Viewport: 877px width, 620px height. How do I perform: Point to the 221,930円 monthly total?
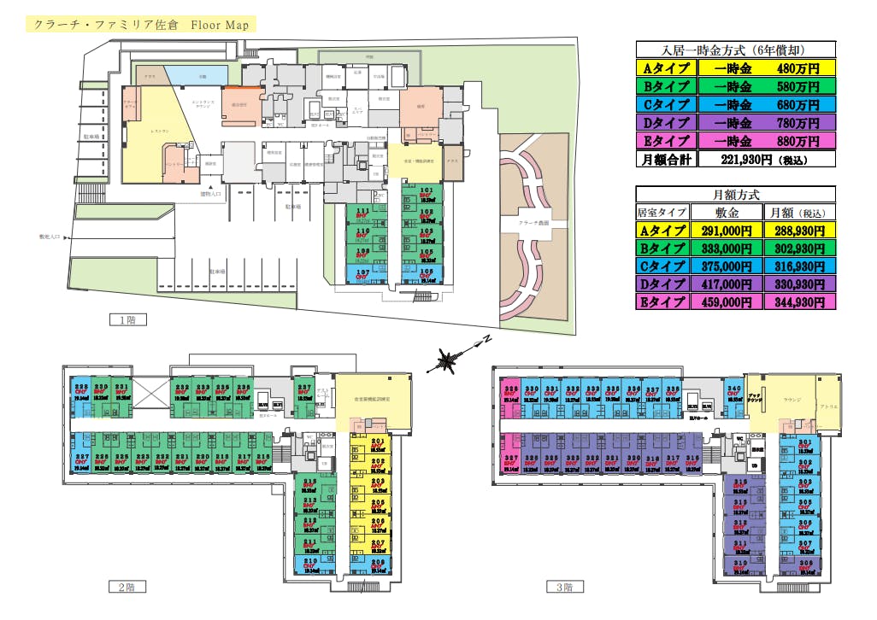766,159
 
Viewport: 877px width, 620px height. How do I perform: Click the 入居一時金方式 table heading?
735,50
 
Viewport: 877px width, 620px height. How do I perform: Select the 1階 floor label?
127,320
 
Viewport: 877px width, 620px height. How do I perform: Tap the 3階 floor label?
564,587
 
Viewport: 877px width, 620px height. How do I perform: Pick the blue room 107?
362,275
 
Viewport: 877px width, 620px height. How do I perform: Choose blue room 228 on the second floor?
80,391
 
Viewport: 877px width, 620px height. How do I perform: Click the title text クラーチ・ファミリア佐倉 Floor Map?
141,25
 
